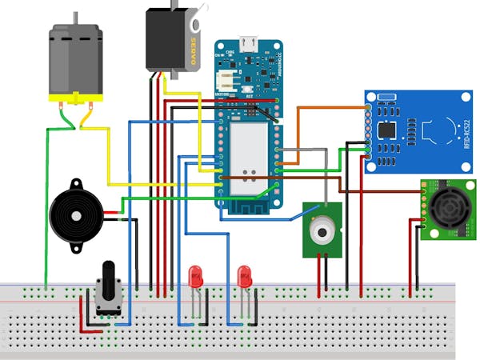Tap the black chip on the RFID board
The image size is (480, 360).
[388, 129]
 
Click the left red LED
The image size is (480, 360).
[195, 278]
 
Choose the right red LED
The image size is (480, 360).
[245, 278]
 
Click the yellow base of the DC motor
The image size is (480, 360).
[75, 99]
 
